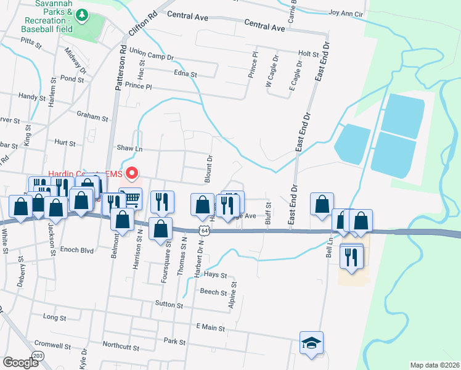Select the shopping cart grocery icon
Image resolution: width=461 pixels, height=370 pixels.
(x=130, y=199)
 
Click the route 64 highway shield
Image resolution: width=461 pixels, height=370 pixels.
(x=204, y=229)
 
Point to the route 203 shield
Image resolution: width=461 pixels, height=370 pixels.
(x=38, y=356)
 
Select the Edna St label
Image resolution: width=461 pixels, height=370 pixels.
(x=185, y=75)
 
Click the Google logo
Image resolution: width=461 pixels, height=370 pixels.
(x=20, y=362)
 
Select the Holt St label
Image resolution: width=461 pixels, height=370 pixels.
(x=308, y=54)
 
